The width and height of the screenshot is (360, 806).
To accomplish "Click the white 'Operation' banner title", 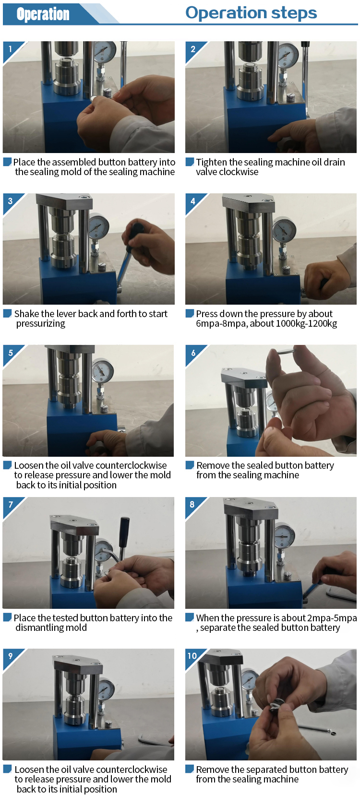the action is pyautogui.click(x=43, y=14).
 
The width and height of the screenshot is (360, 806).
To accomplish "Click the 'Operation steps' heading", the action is pyautogui.click(x=251, y=13).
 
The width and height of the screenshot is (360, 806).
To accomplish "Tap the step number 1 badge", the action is pyautogui.click(x=11, y=48).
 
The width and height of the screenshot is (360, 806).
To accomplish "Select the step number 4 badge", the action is pyautogui.click(x=193, y=201).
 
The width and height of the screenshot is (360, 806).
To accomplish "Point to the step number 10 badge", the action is pyautogui.click(x=192, y=655).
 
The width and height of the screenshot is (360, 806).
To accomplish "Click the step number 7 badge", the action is pyautogui.click(x=11, y=505).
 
